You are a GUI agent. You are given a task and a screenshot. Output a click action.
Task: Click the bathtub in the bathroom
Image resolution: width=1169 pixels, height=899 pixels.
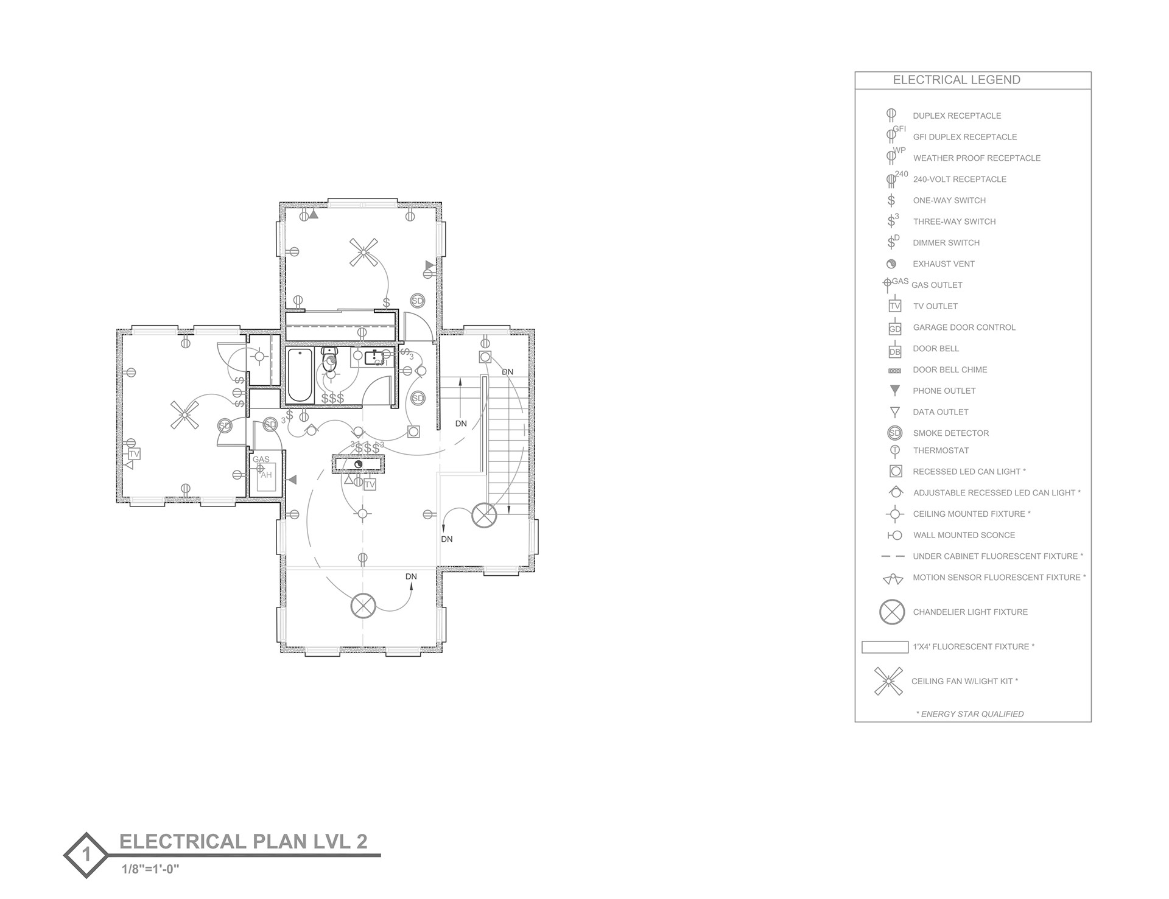(x=300, y=376)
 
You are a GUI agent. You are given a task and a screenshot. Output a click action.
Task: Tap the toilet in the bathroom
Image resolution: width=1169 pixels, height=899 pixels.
(x=329, y=359)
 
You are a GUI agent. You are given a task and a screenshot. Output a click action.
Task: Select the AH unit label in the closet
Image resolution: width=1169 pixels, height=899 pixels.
(x=267, y=475)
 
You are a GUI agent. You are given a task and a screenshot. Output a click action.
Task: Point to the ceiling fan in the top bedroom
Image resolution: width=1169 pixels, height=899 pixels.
(x=363, y=252)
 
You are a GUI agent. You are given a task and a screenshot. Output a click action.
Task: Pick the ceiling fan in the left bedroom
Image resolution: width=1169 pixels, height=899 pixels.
(x=184, y=416)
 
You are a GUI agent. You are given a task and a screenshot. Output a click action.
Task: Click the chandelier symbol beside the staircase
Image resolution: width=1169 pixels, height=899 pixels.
(x=485, y=515)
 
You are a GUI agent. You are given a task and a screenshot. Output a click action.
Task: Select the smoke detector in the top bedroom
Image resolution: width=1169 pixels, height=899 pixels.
(x=417, y=301)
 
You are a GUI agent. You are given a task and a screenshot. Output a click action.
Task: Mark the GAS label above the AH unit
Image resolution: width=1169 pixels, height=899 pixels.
(x=261, y=460)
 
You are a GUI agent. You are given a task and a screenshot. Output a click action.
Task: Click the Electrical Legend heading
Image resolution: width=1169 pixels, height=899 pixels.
(x=957, y=80)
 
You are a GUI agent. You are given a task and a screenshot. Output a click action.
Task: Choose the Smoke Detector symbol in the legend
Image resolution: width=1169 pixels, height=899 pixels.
(x=894, y=433)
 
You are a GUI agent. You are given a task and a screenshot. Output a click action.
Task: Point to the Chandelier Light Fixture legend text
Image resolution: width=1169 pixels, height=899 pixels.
(x=970, y=612)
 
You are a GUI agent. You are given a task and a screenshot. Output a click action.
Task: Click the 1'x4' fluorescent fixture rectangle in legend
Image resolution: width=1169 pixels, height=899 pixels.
(x=885, y=647)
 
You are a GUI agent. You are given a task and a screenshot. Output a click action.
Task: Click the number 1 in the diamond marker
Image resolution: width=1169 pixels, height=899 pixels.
(x=86, y=855)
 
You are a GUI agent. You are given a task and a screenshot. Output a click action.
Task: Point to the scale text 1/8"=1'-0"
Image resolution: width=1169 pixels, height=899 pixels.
(x=150, y=869)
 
